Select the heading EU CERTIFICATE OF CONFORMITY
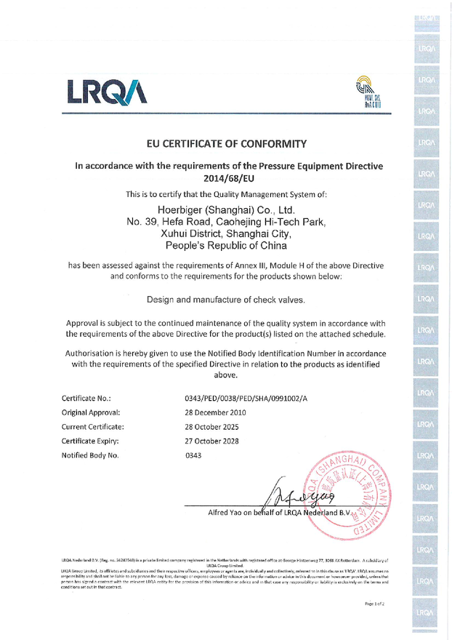click(226, 143)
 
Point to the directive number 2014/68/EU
click(229, 177)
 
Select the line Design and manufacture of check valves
click(226, 300)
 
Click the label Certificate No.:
click(86, 398)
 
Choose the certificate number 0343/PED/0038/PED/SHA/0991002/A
click(247, 398)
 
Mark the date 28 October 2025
click(216, 427)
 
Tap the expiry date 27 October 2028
click(216, 441)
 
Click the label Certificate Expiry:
click(90, 441)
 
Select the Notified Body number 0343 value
click(196, 455)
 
